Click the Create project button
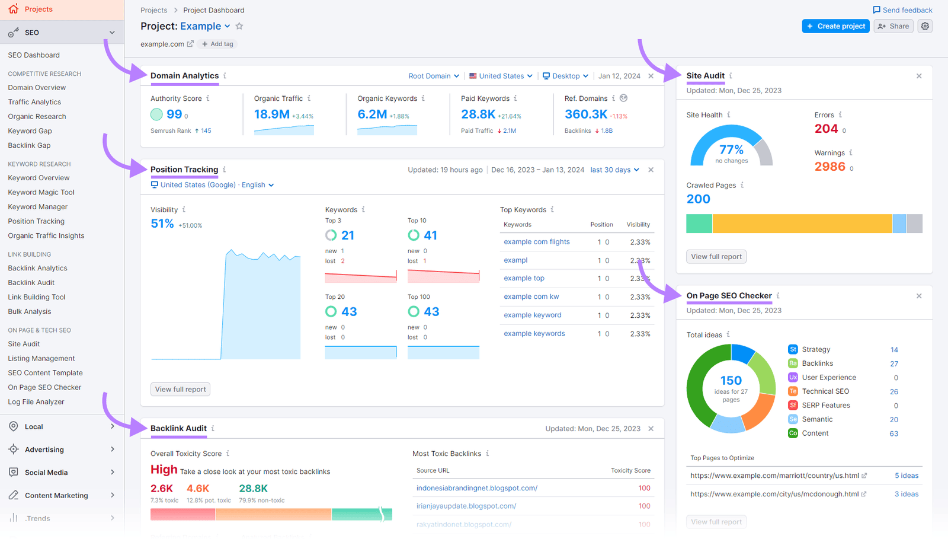tap(835, 26)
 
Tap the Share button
tap(893, 26)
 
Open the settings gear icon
tap(925, 26)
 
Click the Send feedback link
tap(902, 10)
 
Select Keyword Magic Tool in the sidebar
tap(41, 192)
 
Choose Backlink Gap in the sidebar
tap(29, 145)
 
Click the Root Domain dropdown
tap(434, 76)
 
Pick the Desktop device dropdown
tap(565, 76)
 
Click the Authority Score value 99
tap(174, 114)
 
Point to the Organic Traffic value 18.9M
tap(271, 114)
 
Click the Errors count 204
tap(826, 129)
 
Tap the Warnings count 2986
tap(829, 167)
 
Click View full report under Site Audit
tap(716, 257)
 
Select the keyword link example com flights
tap(536, 242)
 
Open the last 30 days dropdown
tap(614, 170)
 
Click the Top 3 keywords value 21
tap(348, 235)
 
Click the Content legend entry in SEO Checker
tap(815, 433)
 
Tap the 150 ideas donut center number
tap(731, 381)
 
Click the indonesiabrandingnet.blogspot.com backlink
tap(476, 488)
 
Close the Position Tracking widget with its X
tap(651, 170)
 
